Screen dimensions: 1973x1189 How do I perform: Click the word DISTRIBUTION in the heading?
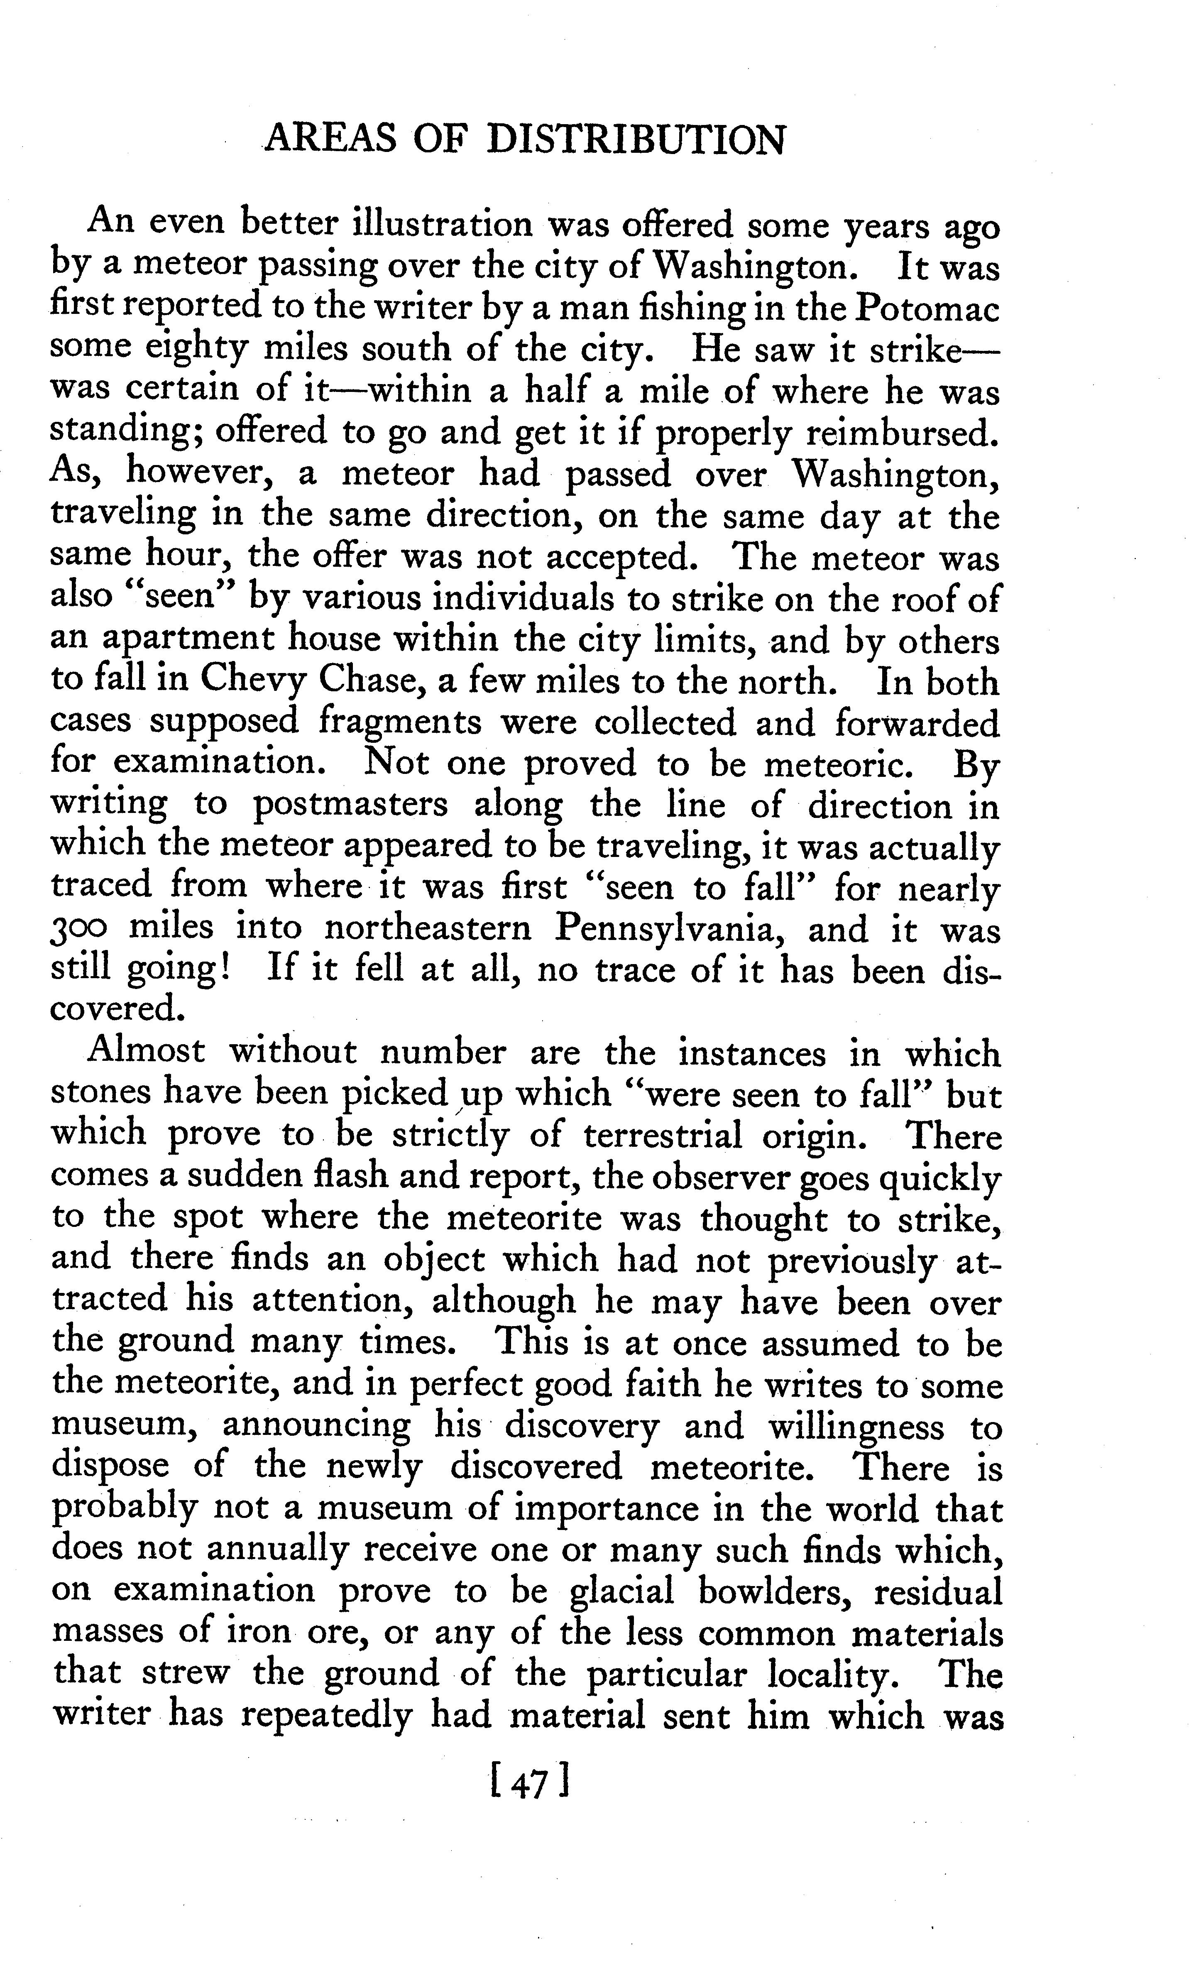pos(636,140)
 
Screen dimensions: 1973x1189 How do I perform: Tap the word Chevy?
pos(252,681)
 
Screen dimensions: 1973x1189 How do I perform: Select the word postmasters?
pos(350,805)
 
